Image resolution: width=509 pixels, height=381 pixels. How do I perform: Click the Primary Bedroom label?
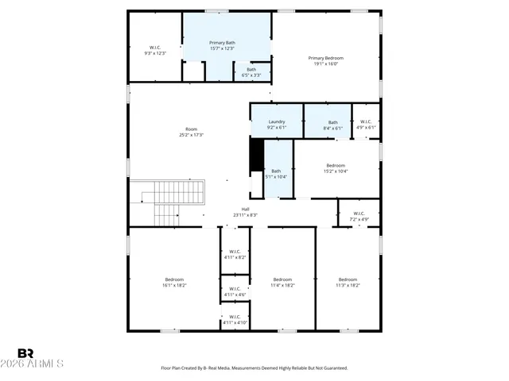[x=326, y=57]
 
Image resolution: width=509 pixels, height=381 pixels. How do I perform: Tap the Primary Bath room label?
[x=222, y=43]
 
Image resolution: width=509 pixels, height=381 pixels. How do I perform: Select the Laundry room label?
[x=277, y=122]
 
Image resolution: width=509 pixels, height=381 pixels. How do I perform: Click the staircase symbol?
[x=168, y=202]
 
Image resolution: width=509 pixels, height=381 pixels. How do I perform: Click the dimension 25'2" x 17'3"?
[x=191, y=135]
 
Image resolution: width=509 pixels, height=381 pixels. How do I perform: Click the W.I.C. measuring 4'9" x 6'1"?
[x=366, y=122]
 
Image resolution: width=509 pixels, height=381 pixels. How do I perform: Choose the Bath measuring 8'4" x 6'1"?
[x=333, y=122]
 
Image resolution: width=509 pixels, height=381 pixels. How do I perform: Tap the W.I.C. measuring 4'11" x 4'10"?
[x=235, y=318]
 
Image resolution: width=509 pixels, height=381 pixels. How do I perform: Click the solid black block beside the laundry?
[x=256, y=154]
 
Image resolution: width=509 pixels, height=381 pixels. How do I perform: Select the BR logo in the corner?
[x=25, y=353]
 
